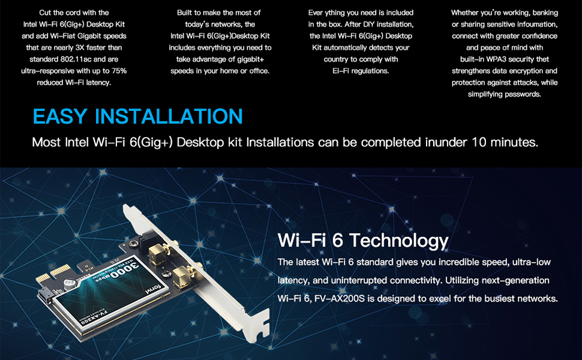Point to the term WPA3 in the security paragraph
(x=507, y=59)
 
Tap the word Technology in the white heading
(x=399, y=241)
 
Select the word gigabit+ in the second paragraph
(x=247, y=59)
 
